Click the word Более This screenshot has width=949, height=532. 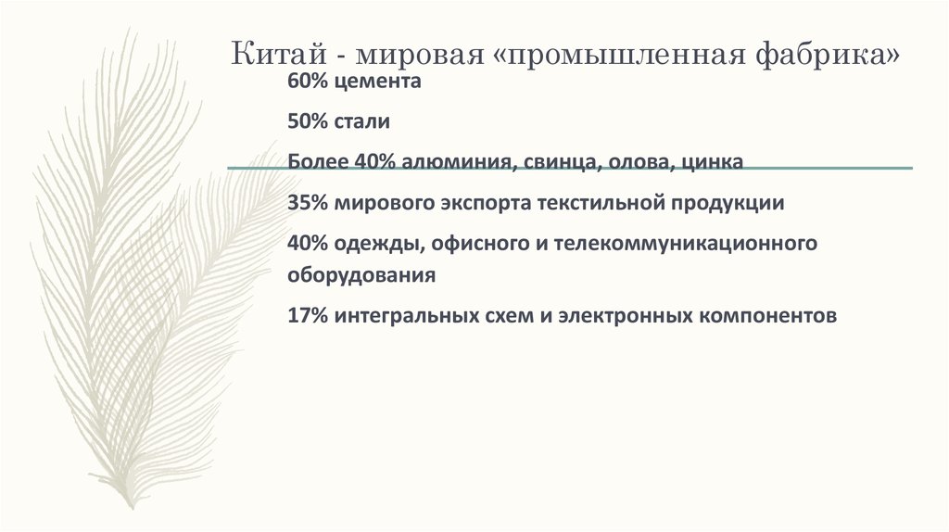pyautogui.click(x=317, y=162)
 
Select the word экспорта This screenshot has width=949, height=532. pyautogui.click(x=479, y=203)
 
